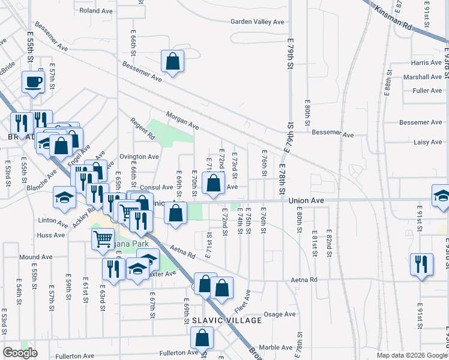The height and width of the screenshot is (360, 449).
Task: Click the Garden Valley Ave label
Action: point(258,22)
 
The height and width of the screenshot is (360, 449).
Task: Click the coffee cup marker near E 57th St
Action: point(33,82)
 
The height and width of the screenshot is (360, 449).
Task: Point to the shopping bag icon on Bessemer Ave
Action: point(172,61)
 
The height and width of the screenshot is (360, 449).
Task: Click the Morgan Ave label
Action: point(182,121)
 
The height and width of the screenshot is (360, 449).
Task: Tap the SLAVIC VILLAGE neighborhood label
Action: point(223,320)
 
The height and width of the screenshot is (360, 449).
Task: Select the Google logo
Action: point(20,353)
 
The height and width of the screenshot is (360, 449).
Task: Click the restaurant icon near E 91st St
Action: point(421,264)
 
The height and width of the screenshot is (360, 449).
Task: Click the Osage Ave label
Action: point(280,314)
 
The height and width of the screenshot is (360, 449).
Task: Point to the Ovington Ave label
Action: point(139,157)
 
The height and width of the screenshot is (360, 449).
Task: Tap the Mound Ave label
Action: point(32,257)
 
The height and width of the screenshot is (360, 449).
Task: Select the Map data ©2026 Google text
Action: point(411,355)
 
